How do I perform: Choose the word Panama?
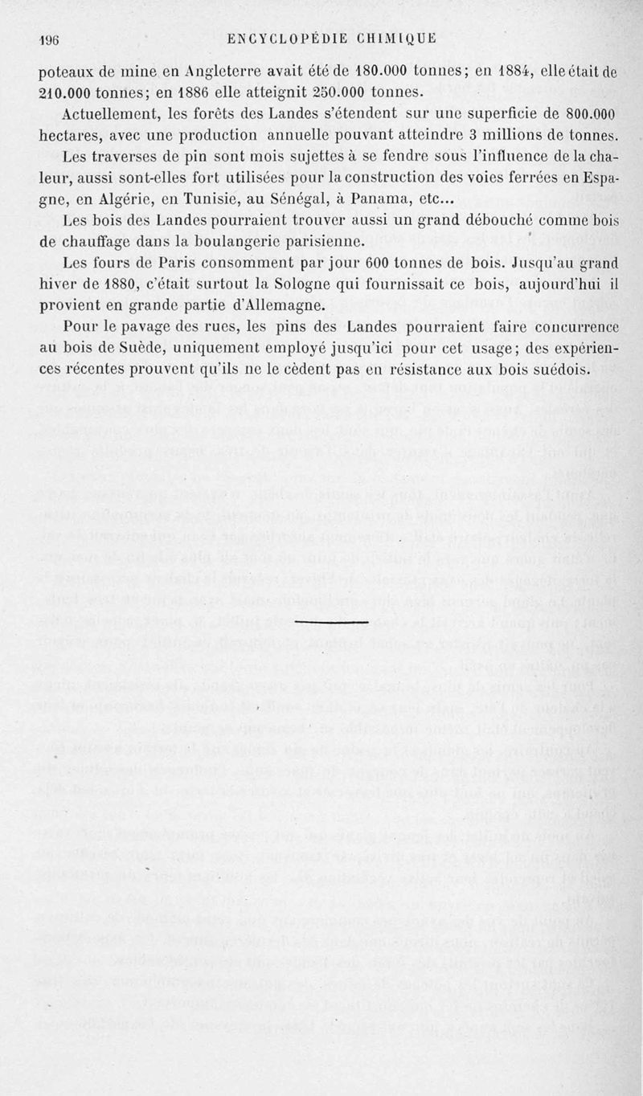coord(378,198)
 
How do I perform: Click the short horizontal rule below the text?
coord(319,622)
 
